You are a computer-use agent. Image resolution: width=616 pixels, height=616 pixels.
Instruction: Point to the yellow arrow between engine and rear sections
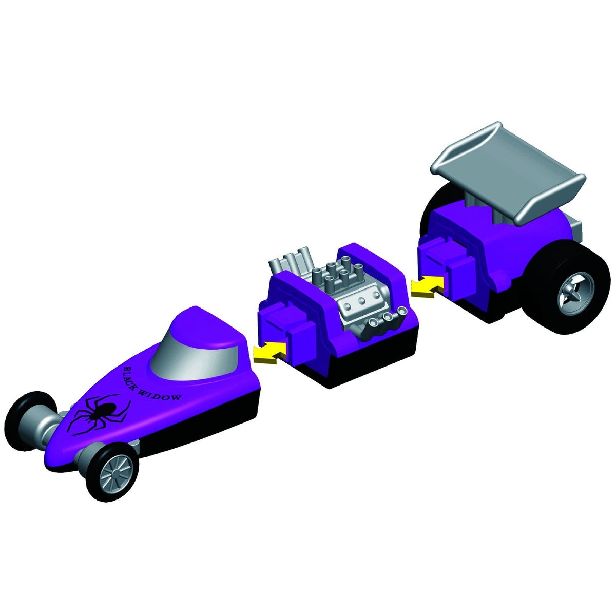coord(427,285)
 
